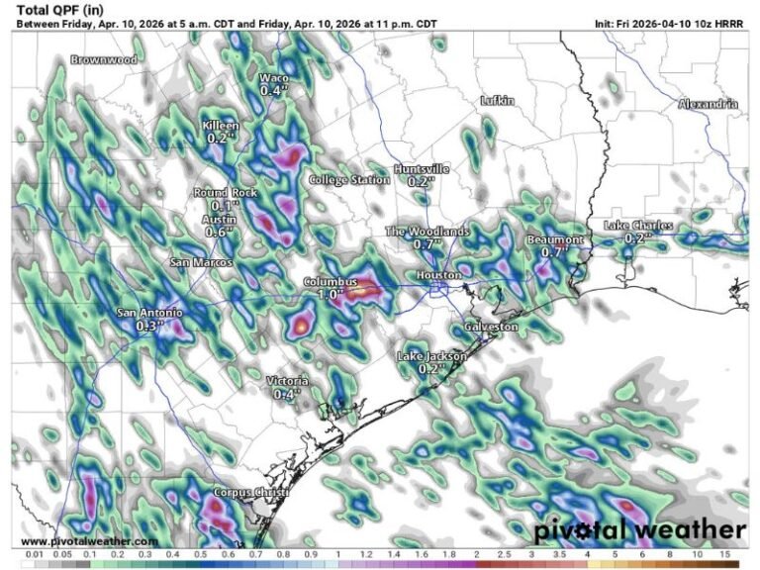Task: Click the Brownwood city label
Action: [x=103, y=59]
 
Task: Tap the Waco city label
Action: [x=274, y=78]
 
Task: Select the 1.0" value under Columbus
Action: [x=330, y=295]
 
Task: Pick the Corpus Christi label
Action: [x=250, y=492]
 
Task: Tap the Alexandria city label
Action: [x=709, y=104]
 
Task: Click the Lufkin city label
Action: [x=497, y=101]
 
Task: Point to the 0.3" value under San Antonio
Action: [x=149, y=325]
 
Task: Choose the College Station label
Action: [x=349, y=180]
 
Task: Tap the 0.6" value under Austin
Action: [x=219, y=232]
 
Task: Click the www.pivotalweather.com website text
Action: [x=89, y=541]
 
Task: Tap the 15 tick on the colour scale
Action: [x=727, y=555]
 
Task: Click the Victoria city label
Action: [x=287, y=381]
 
